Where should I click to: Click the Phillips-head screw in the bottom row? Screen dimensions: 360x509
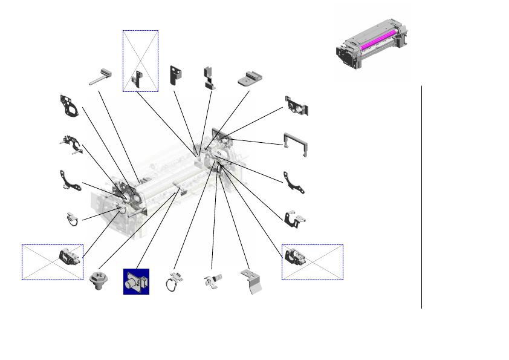(97, 282)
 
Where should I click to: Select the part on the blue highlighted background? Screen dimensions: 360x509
(137, 282)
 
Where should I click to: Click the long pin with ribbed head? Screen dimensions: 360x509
(100, 76)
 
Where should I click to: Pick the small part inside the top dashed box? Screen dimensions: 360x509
(138, 77)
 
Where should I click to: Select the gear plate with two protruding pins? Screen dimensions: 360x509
(73, 143)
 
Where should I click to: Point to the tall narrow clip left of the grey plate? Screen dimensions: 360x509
(209, 78)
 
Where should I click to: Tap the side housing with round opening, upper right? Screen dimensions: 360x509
(298, 106)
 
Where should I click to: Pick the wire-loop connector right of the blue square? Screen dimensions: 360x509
(174, 281)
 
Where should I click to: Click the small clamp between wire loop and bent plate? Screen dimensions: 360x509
(212, 280)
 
